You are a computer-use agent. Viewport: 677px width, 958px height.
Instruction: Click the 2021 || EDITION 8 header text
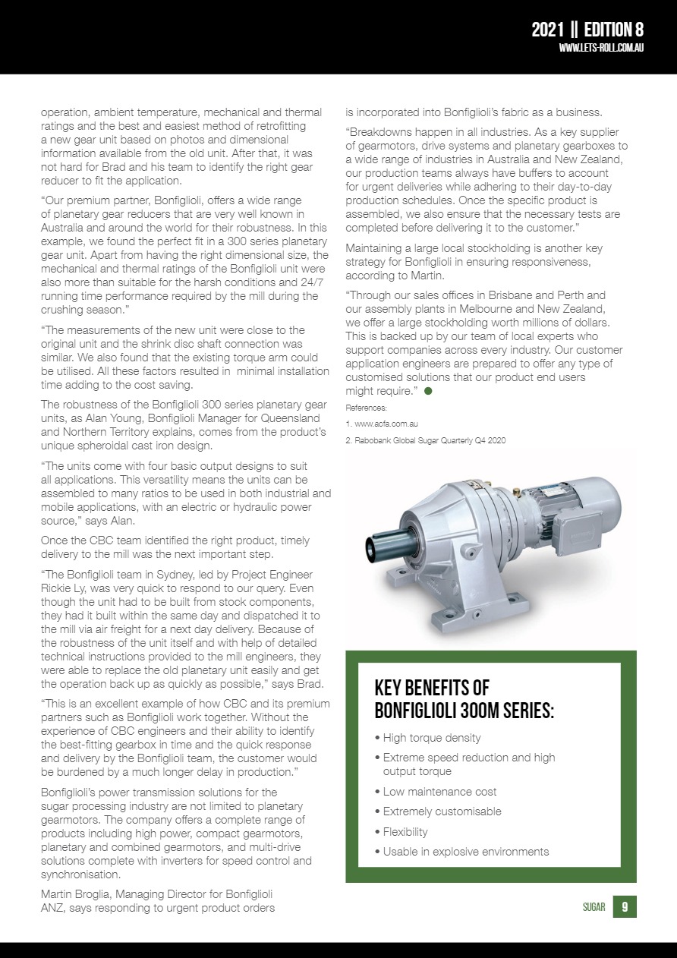pyautogui.click(x=587, y=30)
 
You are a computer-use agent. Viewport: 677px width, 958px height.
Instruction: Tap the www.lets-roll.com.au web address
pyautogui.click(x=601, y=48)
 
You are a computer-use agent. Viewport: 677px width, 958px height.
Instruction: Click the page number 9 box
pyautogui.click(x=624, y=906)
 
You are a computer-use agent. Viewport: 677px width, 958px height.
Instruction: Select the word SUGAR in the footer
pyautogui.click(x=594, y=907)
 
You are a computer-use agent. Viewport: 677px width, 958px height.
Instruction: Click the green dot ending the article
pyautogui.click(x=428, y=390)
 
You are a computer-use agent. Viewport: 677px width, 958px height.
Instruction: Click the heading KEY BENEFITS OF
pyautogui.click(x=432, y=689)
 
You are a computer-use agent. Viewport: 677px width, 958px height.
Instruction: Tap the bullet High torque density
pyautogui.click(x=431, y=738)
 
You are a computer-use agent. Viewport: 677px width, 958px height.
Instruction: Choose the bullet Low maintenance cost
pyautogui.click(x=439, y=792)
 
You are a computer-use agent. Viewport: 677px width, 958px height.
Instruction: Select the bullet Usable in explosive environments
pyautogui.click(x=465, y=852)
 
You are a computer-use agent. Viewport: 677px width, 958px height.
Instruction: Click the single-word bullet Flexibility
pyautogui.click(x=405, y=832)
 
